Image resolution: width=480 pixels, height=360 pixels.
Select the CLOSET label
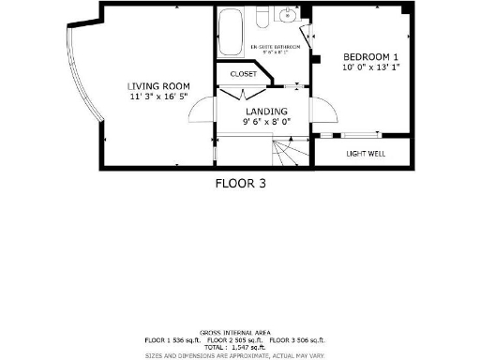(243, 74)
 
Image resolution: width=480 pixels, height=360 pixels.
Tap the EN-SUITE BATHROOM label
(276, 45)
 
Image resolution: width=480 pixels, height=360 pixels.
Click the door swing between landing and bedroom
(324, 110)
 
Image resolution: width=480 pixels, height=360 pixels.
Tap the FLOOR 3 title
(241, 184)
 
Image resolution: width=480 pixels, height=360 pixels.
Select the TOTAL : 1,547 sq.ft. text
(241, 347)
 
